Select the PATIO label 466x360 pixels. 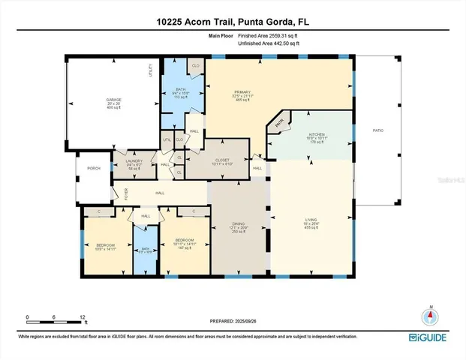pos(378,131)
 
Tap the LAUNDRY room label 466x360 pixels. pos(134,160)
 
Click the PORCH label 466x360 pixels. pos(94,168)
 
